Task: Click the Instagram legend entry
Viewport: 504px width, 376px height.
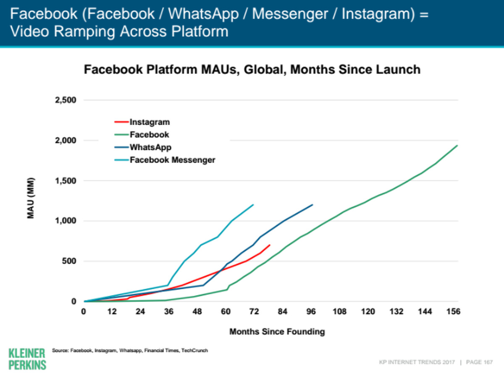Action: (x=150, y=123)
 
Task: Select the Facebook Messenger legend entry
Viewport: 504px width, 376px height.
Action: (x=172, y=160)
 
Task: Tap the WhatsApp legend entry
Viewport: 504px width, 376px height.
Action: (x=150, y=147)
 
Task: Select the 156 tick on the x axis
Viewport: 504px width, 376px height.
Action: (x=454, y=311)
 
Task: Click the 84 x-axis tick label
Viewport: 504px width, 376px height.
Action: (x=283, y=311)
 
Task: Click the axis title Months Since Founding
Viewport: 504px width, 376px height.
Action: (x=277, y=332)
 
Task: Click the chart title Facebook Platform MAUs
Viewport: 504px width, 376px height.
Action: (x=252, y=69)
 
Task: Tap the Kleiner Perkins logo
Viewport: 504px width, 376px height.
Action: (x=27, y=358)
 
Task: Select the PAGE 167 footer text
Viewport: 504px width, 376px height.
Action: (x=479, y=361)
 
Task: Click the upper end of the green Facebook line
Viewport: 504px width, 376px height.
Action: (x=457, y=146)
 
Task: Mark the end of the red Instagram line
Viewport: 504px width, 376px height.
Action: (x=270, y=245)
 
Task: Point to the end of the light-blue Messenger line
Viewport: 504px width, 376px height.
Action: (x=253, y=205)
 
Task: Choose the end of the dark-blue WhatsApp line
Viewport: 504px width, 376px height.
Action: (x=312, y=205)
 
